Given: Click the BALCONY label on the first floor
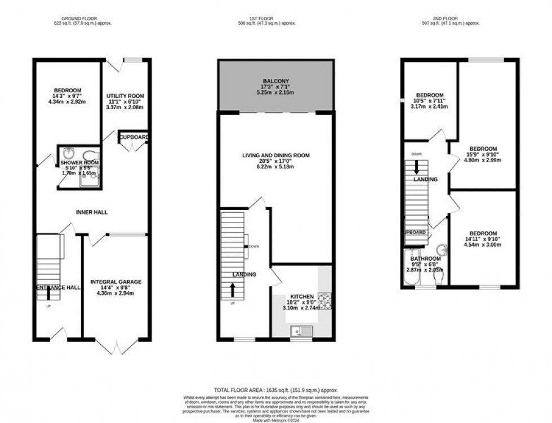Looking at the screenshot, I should (275, 81).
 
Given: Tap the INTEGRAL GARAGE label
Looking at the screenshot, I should (116, 282).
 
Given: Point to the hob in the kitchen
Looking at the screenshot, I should (325, 299).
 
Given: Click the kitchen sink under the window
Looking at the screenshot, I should (297, 331).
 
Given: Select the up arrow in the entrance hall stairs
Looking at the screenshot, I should (48, 293).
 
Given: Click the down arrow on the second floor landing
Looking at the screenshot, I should (417, 167).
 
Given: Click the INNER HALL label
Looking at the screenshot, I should (92, 212).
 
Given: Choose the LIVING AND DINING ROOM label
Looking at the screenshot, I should (276, 155).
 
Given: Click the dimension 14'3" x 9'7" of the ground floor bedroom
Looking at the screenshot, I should (68, 97).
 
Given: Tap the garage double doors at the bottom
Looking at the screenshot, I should (116, 345).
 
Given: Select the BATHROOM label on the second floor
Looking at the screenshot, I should (425, 259).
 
